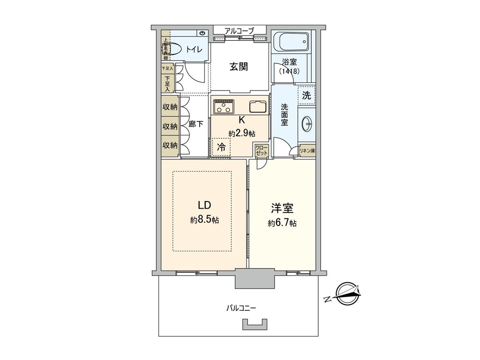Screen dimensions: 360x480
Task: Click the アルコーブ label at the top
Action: pos(239,30)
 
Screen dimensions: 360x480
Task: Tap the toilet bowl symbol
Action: pos(172,48)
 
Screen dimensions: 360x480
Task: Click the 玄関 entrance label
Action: pos(239,67)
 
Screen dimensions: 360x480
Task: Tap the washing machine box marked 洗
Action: pos(306,96)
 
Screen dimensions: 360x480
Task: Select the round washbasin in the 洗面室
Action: pos(307,124)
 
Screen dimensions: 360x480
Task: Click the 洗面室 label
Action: pos(285,114)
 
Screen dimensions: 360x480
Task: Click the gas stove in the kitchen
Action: pos(224,107)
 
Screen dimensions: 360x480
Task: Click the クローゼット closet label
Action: pos(261,150)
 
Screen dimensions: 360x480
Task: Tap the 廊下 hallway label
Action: pos(196,124)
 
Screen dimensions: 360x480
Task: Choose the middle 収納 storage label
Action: pos(170,126)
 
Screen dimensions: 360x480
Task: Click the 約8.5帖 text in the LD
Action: pos(205,219)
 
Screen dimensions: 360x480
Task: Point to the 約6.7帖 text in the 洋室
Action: pos(282,223)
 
